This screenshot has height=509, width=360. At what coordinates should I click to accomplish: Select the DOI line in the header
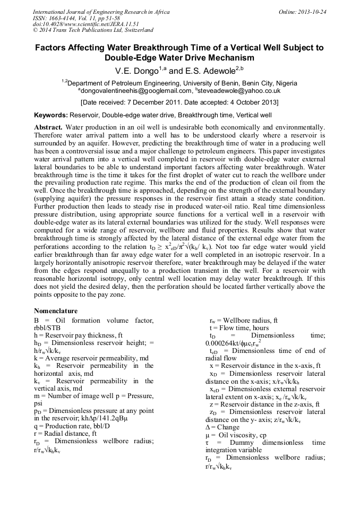tap(79, 24)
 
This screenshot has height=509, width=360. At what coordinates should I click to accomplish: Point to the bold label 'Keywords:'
tap(51, 115)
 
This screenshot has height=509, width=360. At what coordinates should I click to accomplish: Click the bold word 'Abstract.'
tap(48, 127)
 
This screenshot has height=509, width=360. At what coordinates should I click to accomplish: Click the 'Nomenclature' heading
tap(56, 310)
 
